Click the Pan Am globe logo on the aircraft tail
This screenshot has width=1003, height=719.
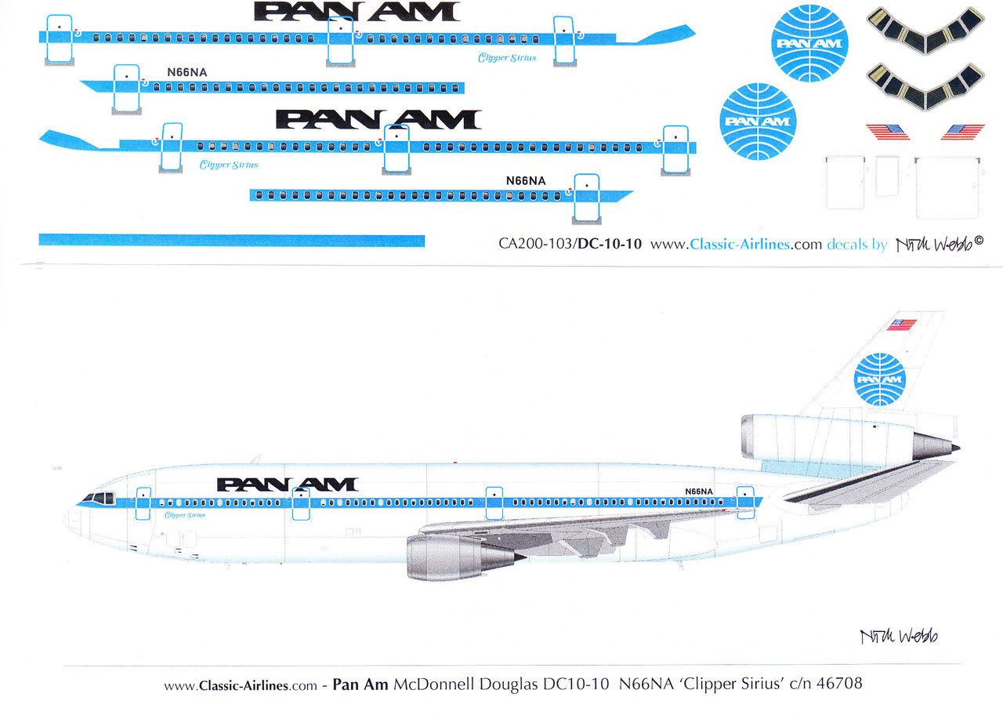click(879, 379)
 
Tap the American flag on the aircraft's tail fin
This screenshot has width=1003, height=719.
click(902, 325)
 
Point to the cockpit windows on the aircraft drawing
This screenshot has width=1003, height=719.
click(100, 498)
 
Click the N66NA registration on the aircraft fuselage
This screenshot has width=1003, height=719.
click(698, 492)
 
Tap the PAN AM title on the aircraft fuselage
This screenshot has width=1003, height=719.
click(287, 485)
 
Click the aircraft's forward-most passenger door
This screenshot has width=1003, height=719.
click(143, 503)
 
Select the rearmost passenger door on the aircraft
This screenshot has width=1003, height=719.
click(744, 502)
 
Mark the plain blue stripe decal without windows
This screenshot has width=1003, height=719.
click(231, 241)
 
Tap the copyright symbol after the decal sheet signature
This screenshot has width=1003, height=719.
click(978, 241)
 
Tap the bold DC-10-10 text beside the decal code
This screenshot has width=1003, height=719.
click(610, 244)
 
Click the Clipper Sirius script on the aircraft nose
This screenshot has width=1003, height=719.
click(185, 515)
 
